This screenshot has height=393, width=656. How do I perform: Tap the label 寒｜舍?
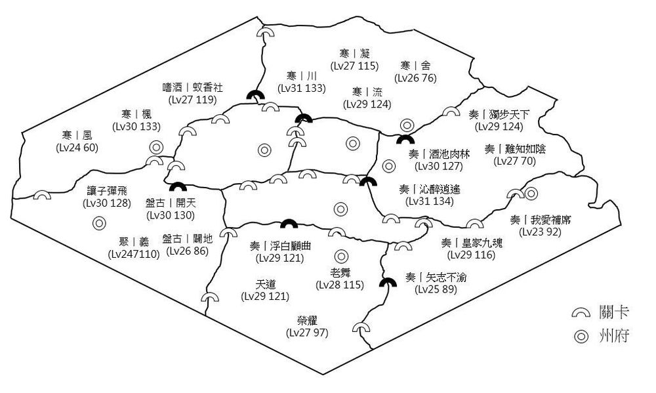[x=416, y=66]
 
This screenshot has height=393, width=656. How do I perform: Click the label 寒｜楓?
[x=136, y=114]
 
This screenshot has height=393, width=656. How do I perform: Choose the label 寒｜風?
[x=77, y=135]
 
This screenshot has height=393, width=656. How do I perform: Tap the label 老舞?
[x=340, y=272]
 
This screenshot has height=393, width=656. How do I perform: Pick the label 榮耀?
[x=307, y=321]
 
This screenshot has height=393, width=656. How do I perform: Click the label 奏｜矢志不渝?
[x=436, y=278]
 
